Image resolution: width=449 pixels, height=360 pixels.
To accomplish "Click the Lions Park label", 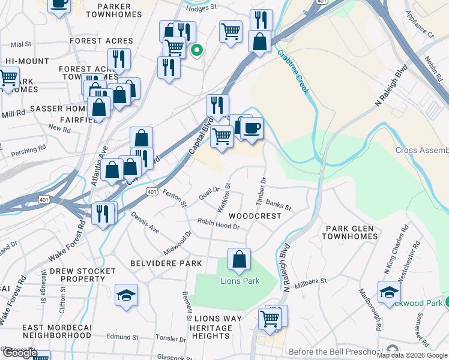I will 239,281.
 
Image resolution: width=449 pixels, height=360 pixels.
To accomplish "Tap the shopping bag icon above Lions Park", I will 239,259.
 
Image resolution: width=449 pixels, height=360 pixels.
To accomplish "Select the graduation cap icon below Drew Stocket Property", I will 126,295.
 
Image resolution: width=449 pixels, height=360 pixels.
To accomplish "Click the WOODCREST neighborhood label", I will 255,215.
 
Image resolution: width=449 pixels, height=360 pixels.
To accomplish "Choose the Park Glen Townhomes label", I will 352,232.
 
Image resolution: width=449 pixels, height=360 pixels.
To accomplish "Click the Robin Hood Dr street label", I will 218,224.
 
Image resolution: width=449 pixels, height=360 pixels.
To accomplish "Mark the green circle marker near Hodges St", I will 196,52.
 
